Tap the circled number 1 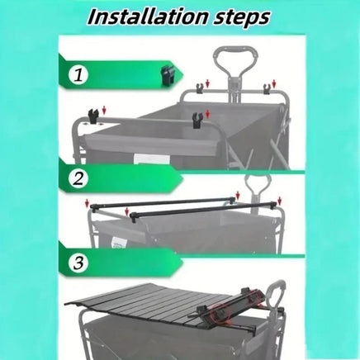point(78,75)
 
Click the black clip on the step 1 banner point(168,76)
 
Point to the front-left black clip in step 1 point(93,116)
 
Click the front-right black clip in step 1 point(197,120)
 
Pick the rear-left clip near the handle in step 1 point(199,88)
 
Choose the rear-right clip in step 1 point(267,88)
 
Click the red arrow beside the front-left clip point(104,111)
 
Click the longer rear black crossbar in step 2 point(164,202)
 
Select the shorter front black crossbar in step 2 point(203,210)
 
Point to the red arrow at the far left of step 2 point(88,203)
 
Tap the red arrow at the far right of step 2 point(280,201)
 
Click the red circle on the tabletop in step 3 point(220,313)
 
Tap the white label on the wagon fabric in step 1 point(152,159)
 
